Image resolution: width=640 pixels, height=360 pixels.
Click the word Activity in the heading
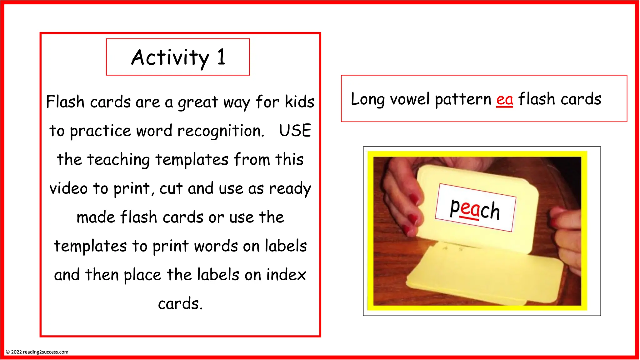point(170,58)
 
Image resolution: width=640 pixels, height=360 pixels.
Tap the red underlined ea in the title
point(504,99)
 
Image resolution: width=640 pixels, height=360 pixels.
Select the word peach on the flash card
point(475,209)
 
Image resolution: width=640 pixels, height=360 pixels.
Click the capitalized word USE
point(295,131)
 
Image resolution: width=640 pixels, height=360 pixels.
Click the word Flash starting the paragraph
point(65,102)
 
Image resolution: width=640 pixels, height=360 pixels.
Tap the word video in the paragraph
point(68,188)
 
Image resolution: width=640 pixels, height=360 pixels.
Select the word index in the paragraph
point(286,275)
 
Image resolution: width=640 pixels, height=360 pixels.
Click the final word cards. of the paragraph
point(180,304)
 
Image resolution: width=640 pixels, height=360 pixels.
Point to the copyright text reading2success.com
point(46,352)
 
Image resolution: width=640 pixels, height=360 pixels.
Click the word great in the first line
point(198,102)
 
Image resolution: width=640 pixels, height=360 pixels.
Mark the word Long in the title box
point(367,99)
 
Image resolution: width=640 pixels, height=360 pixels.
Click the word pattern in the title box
point(463,99)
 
